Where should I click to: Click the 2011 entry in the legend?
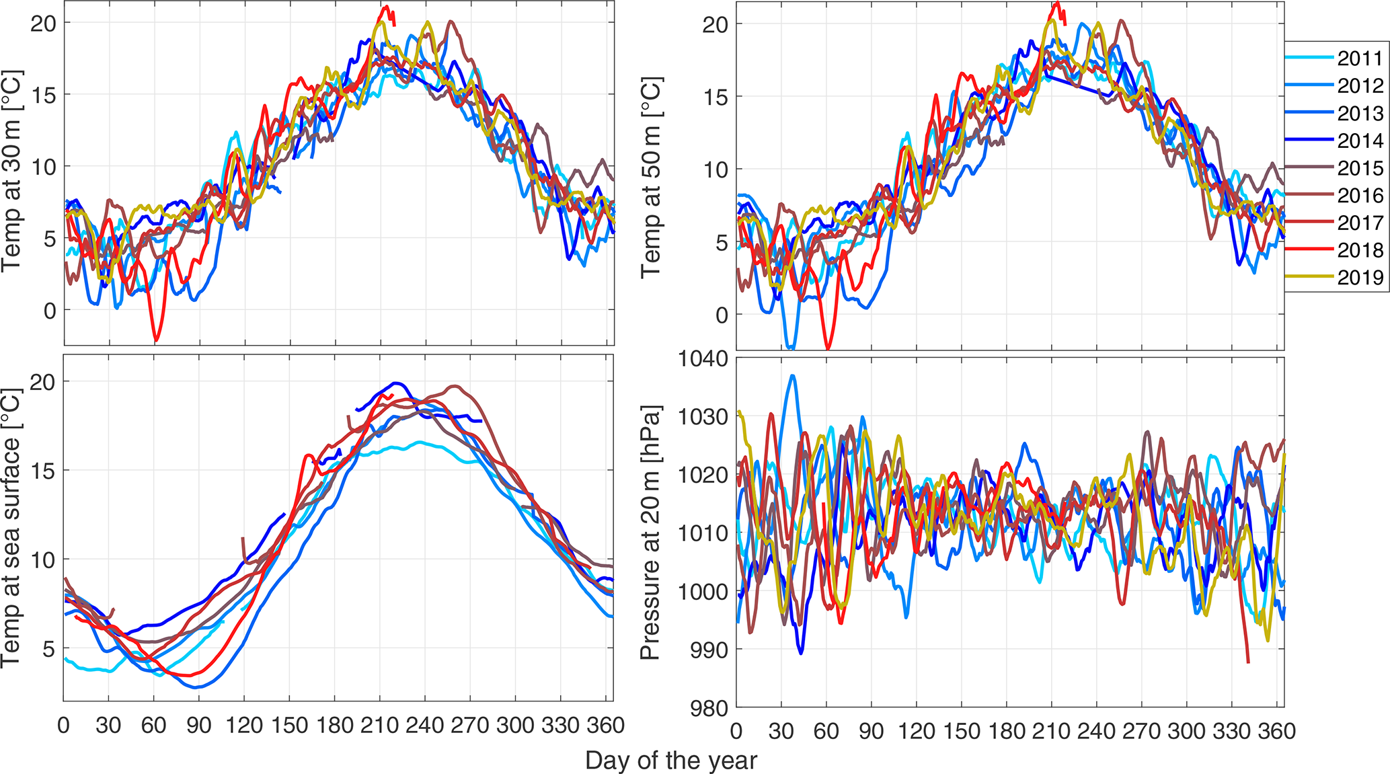1360,59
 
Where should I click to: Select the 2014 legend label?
1360,141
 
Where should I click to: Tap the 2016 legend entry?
1360,196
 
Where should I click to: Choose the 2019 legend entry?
1360,278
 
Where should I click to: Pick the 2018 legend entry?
1360,250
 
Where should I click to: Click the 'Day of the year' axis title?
670,761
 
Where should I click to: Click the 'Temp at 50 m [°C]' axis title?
651,177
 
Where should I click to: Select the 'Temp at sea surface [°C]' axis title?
11,528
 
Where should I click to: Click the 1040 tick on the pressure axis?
703,359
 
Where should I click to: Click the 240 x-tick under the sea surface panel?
425,726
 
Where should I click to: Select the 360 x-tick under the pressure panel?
1276,731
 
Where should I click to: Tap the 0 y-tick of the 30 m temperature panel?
49,311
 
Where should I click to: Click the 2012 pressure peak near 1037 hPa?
793,376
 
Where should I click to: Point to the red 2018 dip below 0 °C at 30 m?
156,340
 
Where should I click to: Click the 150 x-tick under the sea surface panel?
289,726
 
